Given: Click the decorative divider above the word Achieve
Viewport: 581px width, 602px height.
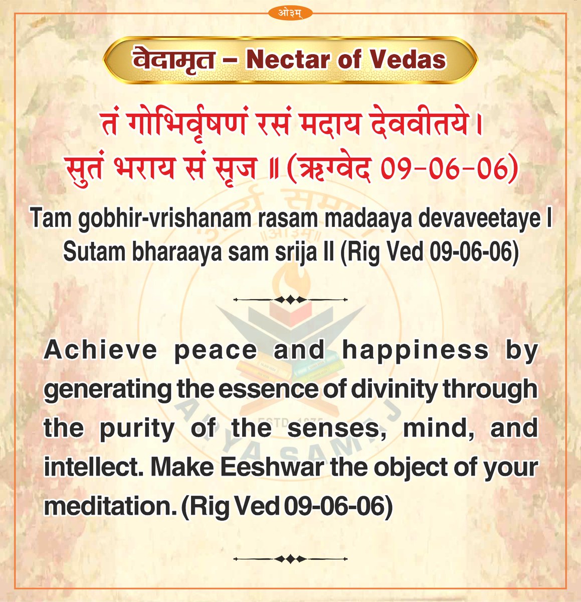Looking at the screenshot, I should (x=291, y=299).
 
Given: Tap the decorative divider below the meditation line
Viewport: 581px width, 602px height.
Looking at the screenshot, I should (x=291, y=558).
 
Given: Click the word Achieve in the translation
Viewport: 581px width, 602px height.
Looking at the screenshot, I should (x=100, y=350).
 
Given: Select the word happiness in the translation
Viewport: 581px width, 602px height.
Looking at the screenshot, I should (x=416, y=350).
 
